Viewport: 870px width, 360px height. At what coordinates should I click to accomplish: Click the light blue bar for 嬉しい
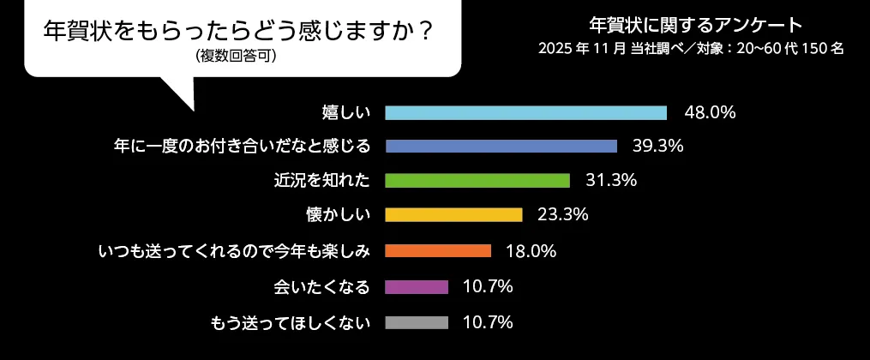[525, 113]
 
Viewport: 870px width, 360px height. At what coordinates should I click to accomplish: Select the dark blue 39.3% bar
[501, 146]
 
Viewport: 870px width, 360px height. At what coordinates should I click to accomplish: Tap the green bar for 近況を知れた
[477, 180]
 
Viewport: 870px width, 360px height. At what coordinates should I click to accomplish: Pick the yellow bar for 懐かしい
[453, 214]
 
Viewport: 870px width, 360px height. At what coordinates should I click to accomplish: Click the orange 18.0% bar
[438, 251]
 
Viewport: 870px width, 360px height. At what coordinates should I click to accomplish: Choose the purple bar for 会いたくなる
[417, 287]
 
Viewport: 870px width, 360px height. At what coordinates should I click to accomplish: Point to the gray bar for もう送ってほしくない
[417, 323]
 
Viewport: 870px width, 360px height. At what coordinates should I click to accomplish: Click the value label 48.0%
[710, 112]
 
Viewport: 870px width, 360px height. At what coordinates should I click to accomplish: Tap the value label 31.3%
[611, 180]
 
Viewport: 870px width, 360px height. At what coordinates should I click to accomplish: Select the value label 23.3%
[562, 214]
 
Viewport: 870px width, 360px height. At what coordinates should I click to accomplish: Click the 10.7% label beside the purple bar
[488, 286]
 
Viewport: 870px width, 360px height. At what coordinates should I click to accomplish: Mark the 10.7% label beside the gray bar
[488, 322]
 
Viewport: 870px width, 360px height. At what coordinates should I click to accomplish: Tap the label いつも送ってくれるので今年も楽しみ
[234, 251]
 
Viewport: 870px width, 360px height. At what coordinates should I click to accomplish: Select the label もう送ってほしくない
[290, 323]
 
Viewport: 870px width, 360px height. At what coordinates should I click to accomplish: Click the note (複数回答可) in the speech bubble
[237, 57]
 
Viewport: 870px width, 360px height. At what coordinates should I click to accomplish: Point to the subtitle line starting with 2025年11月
[691, 49]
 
